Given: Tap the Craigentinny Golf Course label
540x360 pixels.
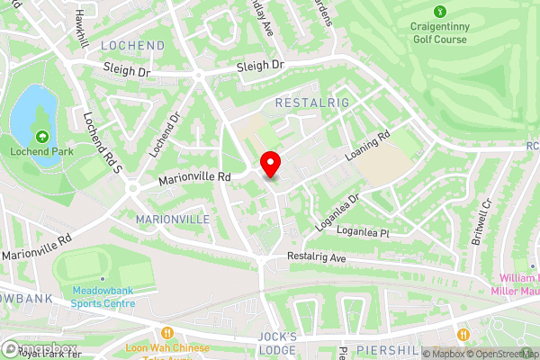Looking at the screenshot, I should [x=441, y=34].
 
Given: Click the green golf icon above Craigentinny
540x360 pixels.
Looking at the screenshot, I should [x=440, y=12].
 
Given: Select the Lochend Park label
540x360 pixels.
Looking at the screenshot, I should [x=42, y=152].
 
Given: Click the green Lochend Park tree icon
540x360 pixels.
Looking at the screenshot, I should [x=42, y=136].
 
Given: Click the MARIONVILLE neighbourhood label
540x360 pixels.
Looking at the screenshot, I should [x=172, y=219].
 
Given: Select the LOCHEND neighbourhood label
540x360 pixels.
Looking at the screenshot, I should [x=133, y=45].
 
